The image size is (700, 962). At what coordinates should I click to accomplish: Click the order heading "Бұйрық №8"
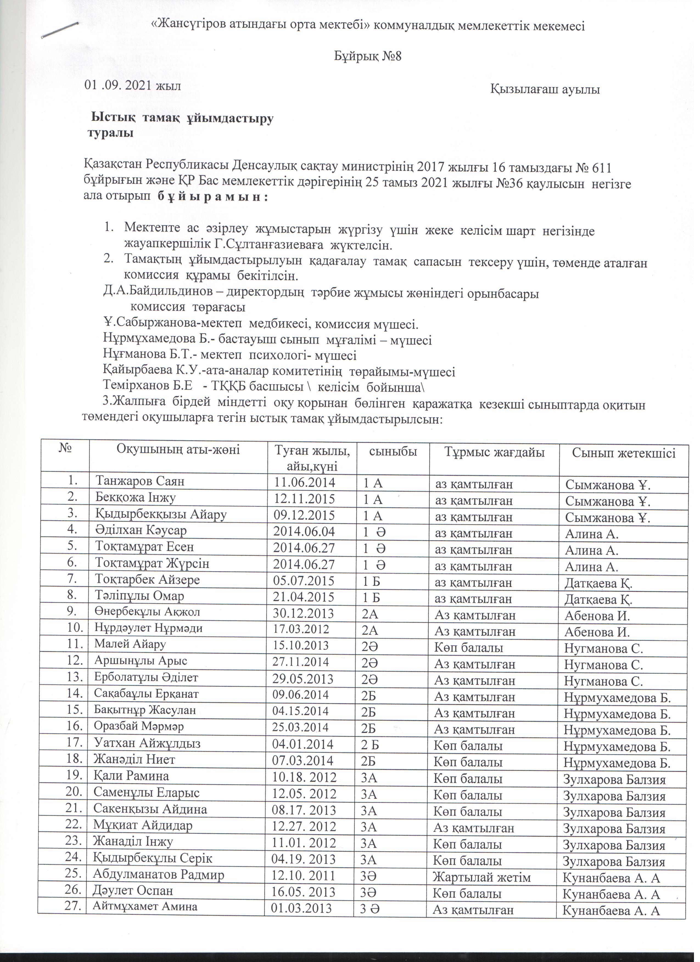368,57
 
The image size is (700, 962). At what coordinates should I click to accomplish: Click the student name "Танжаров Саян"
141,482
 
